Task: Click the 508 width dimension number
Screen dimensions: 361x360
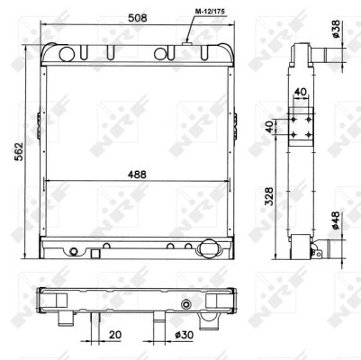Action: point(138,18)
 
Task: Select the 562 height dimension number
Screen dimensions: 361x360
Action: point(19,151)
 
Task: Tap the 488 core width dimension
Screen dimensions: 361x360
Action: point(137,175)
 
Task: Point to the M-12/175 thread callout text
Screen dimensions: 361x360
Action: point(210,12)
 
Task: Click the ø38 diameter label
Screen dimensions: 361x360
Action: point(336,29)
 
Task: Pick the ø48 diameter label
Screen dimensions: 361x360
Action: point(336,220)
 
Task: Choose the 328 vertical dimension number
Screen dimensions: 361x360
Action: point(269,196)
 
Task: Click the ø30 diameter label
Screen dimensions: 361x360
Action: point(185,335)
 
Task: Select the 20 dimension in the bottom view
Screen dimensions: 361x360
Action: point(115,335)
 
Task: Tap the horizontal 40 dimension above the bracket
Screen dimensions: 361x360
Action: point(301,92)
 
